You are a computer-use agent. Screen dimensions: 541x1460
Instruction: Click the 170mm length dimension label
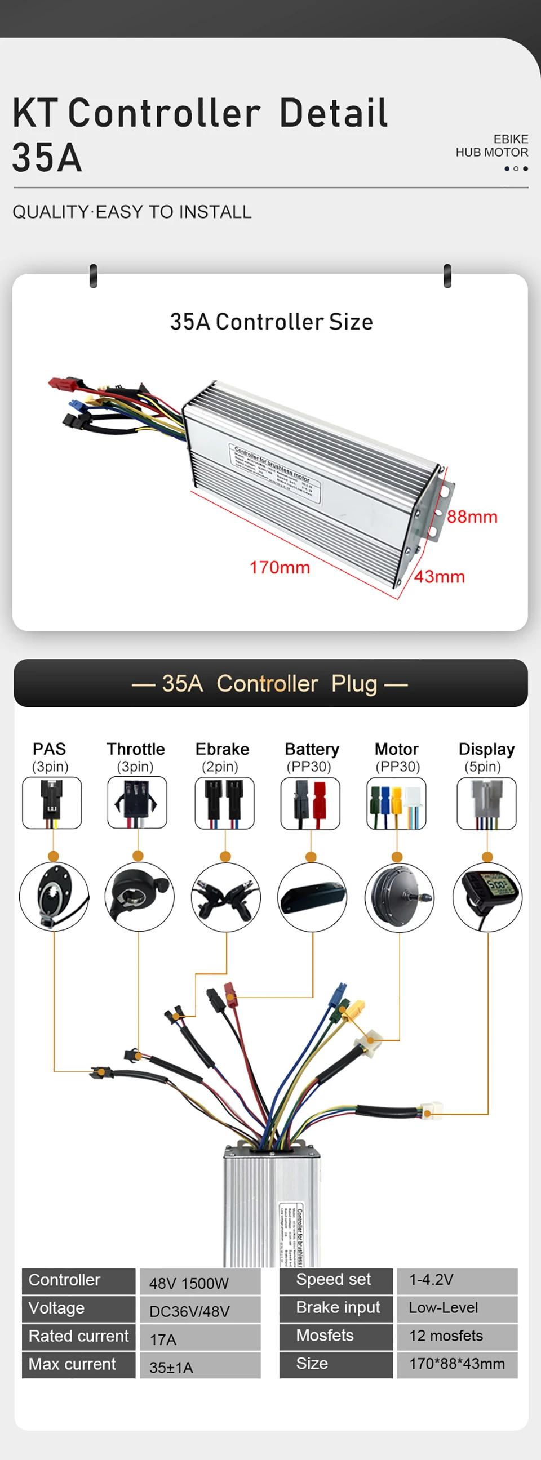[280, 567]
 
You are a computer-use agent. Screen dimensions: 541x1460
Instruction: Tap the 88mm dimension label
[472, 517]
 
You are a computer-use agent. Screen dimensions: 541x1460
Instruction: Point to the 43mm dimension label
[440, 577]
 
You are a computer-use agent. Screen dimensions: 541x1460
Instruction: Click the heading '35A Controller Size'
[271, 322]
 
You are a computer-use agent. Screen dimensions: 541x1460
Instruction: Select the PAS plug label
[50, 749]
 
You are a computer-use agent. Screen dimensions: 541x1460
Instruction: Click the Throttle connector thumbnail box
[138, 803]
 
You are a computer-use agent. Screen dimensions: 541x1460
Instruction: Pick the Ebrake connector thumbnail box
[224, 803]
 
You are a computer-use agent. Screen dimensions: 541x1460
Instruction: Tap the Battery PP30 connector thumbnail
[310, 803]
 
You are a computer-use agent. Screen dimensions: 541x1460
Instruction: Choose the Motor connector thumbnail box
[396, 803]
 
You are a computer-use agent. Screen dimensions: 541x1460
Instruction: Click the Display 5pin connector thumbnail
[486, 803]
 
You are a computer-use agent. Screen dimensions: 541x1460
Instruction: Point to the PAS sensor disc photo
[54, 897]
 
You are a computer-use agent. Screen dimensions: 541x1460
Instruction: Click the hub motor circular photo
[399, 897]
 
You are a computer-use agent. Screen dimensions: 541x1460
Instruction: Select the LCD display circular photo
[487, 897]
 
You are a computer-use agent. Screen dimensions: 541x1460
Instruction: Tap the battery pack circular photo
[312, 897]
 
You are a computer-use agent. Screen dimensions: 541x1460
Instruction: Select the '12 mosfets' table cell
[457, 1336]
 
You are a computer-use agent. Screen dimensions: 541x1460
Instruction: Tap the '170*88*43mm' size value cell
[457, 1364]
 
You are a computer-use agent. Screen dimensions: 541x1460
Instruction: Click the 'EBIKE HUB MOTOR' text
[491, 146]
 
